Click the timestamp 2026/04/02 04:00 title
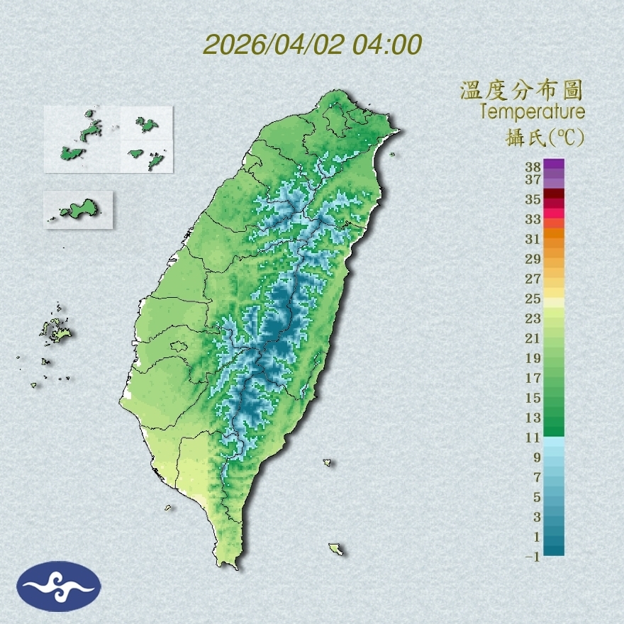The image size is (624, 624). pos(313,45)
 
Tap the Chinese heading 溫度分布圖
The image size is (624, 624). pos(521,91)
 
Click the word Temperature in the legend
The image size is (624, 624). pos(532,112)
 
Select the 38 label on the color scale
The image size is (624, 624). pos(533,167)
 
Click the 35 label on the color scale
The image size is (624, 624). pos(533,199)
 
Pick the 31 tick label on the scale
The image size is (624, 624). pos(533,239)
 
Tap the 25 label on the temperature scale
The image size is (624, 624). pos(533,299)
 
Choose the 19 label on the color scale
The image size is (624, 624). pos(533,358)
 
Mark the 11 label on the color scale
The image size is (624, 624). pos(533,438)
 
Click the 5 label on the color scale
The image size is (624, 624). pos(537,497)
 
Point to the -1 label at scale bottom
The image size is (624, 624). pos(533,557)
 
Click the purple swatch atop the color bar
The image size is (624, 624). pos(554,164)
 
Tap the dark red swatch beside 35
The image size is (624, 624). pos(554,194)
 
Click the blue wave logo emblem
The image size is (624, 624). pos(59,586)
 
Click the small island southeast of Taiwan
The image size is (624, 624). pos(335,549)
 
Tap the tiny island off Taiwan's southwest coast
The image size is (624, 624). pos(168,507)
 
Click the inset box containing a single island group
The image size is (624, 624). pos(78,209)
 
